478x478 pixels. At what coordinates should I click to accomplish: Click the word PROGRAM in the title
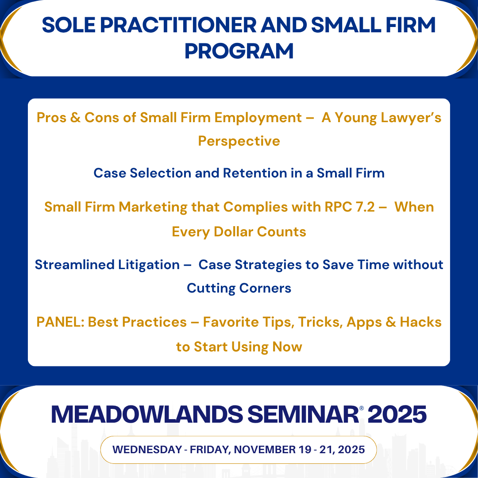[239, 51]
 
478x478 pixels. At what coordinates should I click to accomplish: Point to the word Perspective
[239, 141]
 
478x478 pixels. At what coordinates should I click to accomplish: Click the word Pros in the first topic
[50, 118]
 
